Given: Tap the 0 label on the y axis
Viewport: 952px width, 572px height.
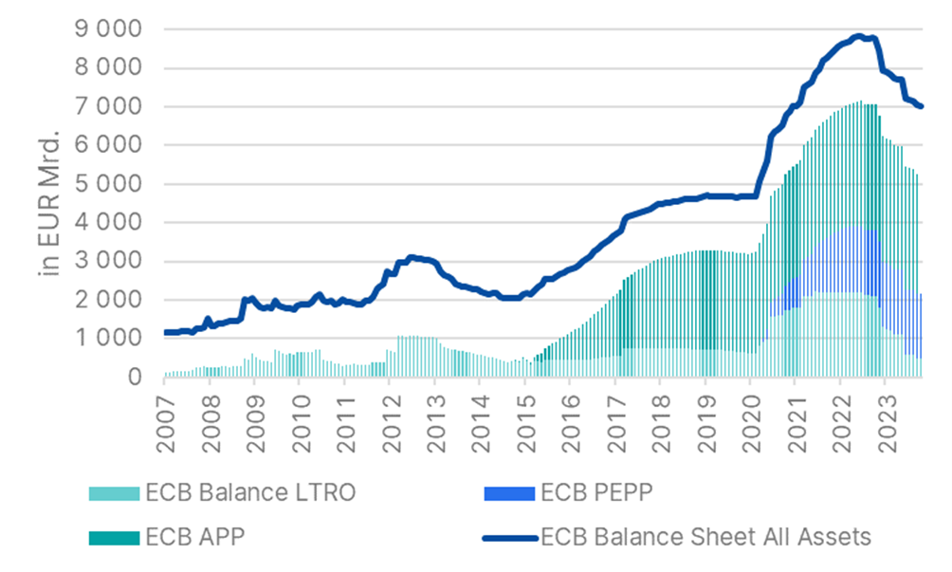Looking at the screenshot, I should click(136, 377).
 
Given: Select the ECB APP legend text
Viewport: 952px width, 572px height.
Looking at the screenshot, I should click(195, 537).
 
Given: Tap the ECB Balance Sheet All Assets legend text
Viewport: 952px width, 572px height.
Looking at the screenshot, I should click(705, 537).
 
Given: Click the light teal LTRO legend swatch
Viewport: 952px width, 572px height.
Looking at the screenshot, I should click(113, 493).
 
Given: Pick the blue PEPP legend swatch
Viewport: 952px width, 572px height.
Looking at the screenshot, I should click(506, 493).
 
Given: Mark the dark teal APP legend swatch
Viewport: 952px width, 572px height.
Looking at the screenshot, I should click(113, 538).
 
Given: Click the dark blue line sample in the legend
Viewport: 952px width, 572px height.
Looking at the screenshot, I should click(506, 538).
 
